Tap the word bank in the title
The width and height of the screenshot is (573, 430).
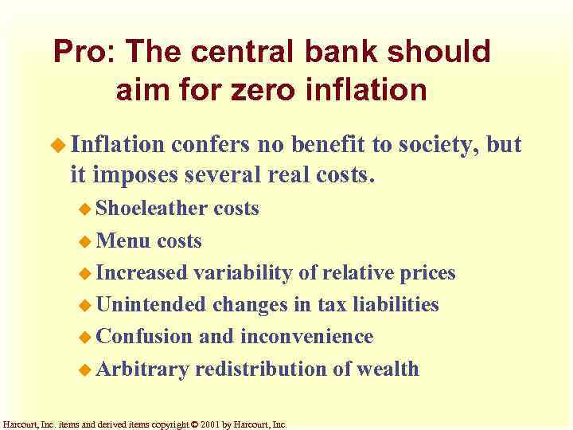(337, 53)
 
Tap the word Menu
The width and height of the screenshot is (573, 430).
(124, 240)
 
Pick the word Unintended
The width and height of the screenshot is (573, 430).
(151, 305)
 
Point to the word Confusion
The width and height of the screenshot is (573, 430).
(144, 337)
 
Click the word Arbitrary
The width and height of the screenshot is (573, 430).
(142, 369)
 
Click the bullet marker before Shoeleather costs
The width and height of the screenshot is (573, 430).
(85, 209)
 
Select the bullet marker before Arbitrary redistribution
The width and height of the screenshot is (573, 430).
(85, 369)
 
